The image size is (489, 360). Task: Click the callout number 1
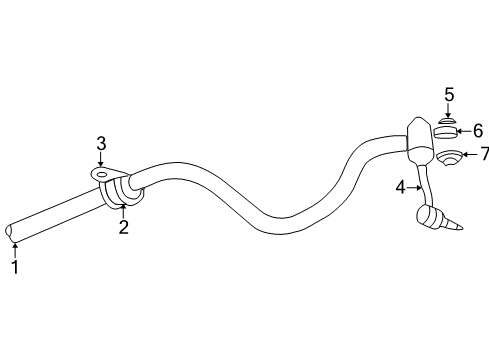tap(15, 267)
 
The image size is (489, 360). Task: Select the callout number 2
tap(123, 228)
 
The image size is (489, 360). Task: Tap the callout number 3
tap(101, 145)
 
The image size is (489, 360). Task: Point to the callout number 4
tap(400, 185)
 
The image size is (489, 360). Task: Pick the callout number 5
tap(449, 94)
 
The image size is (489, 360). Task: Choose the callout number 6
tap(477, 130)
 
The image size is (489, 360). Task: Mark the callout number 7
tap(484, 153)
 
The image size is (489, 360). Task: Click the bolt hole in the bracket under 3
tap(100, 173)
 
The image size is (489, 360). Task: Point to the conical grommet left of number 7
tap(447, 157)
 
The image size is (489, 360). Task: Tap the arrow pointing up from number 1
tap(15, 247)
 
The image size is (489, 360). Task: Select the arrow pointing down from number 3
tap(101, 161)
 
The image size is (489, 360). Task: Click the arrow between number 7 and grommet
tap(467, 154)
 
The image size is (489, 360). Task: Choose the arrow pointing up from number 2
tap(123, 211)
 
